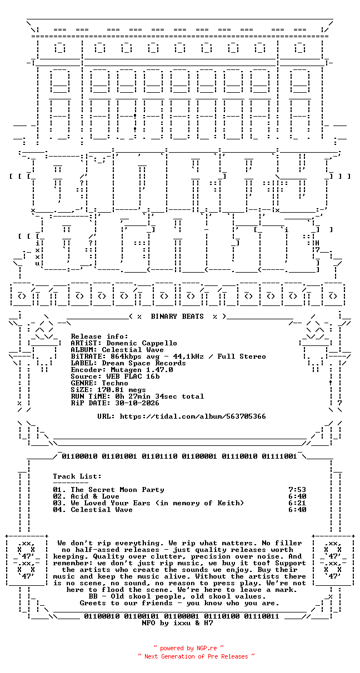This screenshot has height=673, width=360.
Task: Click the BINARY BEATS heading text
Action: [177, 317]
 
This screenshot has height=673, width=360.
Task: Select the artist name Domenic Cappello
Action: [142, 343]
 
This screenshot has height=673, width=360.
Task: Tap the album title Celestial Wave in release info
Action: [133, 350]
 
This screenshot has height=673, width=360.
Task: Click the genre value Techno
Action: [115, 383]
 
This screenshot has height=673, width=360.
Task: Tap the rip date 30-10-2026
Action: [137, 403]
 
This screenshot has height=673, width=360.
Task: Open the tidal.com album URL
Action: [193, 416]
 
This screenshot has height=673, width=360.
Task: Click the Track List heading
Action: [77, 476]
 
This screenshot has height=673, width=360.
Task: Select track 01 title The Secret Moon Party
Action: [117, 490]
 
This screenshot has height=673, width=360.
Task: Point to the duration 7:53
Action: [297, 490]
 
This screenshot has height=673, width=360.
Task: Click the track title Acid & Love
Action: [95, 496]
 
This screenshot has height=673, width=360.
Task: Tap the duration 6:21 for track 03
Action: [297, 503]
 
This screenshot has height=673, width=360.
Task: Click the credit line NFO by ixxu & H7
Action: [177, 623]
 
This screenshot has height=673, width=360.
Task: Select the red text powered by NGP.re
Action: [188, 648]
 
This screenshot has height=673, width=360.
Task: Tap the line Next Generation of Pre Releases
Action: [196, 656]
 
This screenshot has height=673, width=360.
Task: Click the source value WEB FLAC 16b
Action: [133, 376]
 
